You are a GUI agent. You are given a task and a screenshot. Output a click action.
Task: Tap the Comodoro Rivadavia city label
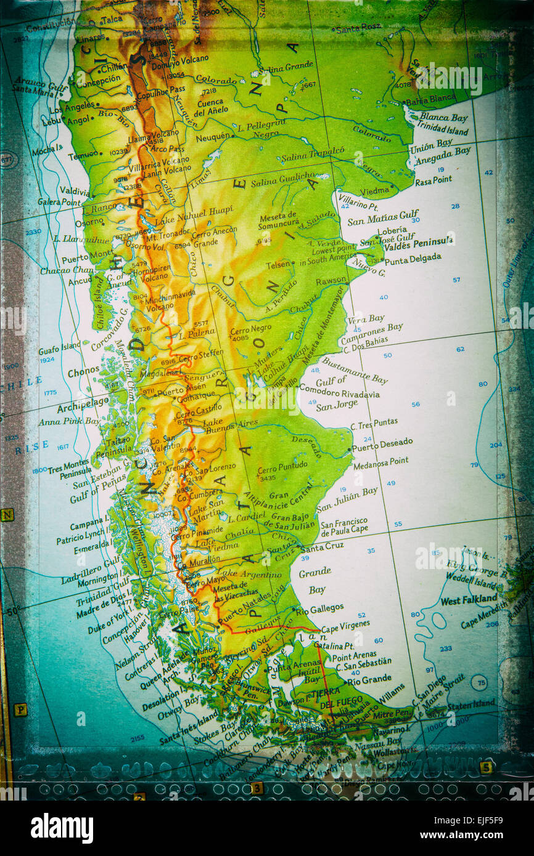tap(340, 393)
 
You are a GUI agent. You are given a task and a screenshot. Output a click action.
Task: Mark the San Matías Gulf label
tap(382, 216)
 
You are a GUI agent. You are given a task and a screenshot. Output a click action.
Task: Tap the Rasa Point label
tap(433, 180)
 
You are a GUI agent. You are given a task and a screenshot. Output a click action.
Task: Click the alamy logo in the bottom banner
tap(62, 828)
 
